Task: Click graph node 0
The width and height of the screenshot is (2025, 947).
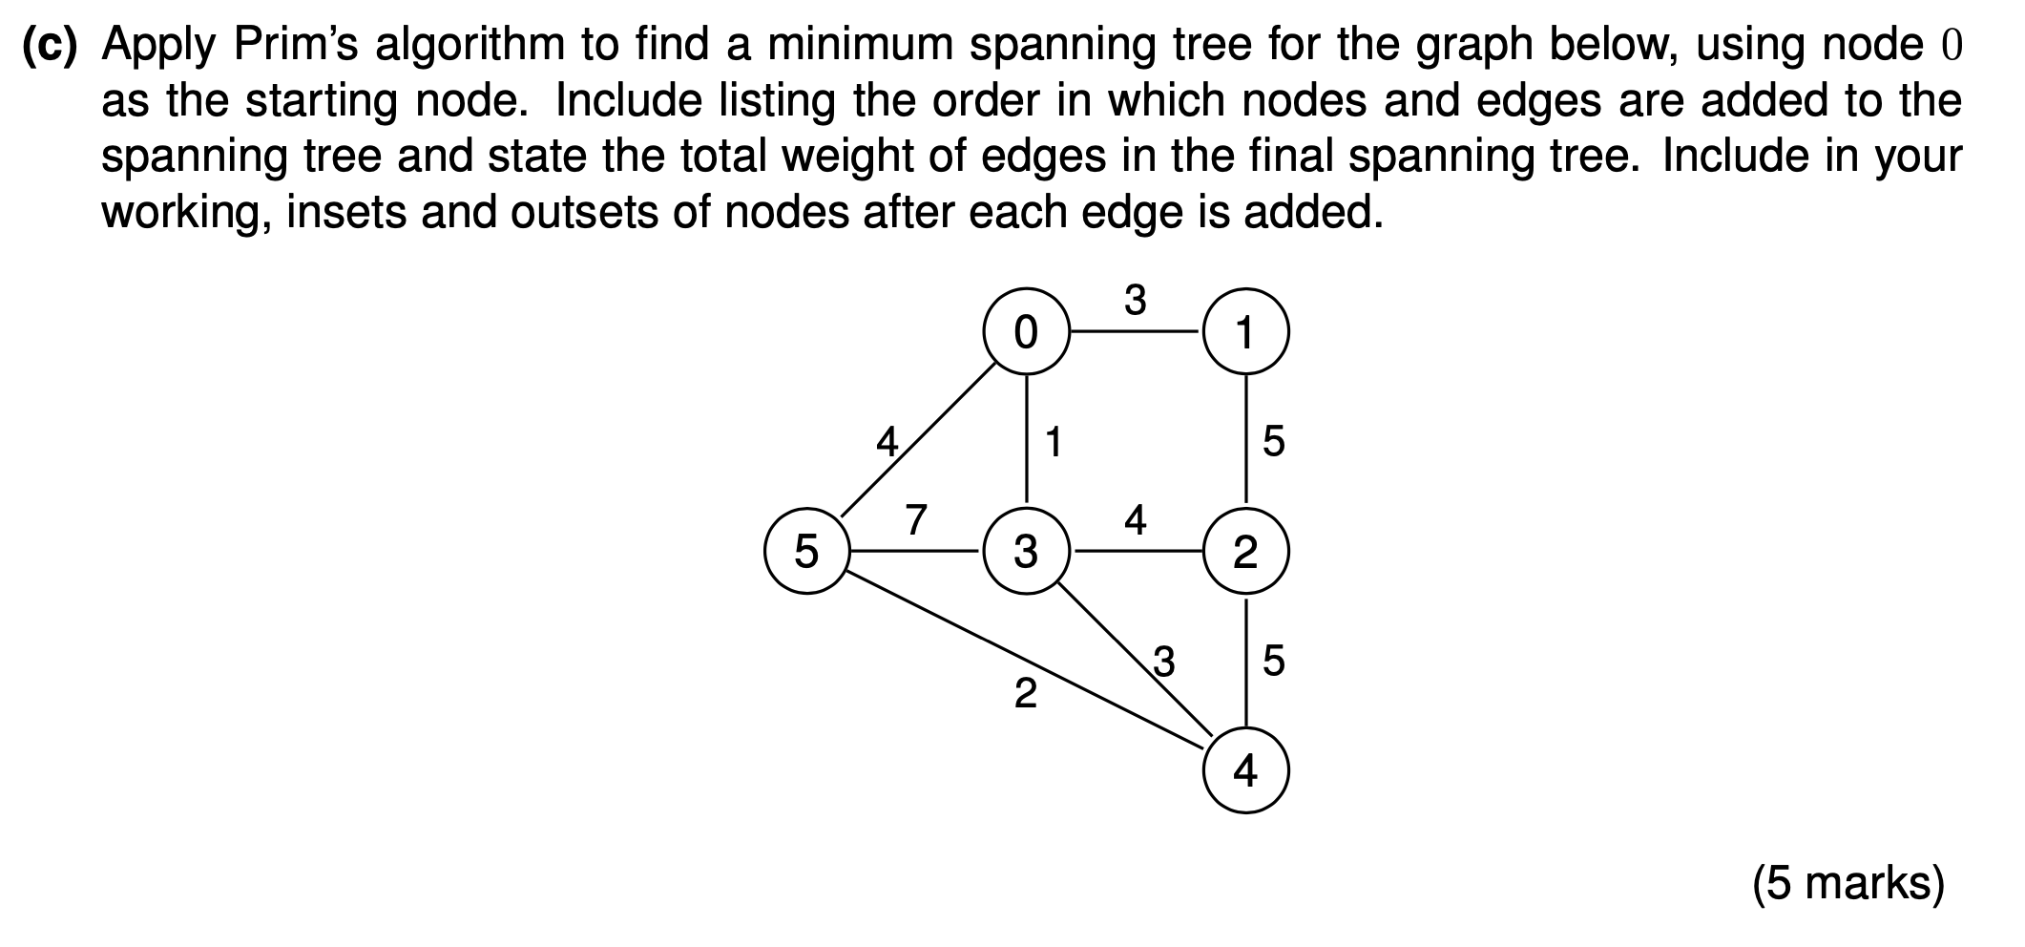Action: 1026,332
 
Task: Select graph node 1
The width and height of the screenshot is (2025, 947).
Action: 1245,332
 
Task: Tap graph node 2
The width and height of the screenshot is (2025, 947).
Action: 1245,552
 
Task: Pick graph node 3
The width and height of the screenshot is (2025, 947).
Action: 1026,552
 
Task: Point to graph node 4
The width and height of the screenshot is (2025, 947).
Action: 1245,770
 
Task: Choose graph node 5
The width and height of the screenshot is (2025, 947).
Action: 806,552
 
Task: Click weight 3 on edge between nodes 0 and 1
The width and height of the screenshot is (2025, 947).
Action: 1135,300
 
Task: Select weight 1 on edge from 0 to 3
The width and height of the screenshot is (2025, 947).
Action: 1054,442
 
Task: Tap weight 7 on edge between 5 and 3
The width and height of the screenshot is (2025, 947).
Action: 915,519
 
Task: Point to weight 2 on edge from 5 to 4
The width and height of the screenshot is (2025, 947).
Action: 1025,693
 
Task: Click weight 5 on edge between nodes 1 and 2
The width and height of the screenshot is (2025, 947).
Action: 1273,442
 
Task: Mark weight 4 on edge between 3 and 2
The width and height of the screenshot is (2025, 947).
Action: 1135,519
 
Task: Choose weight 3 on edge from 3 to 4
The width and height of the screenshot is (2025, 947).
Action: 1163,661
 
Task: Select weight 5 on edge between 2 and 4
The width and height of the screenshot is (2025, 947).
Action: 1273,661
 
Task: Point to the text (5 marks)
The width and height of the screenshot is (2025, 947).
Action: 1848,883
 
